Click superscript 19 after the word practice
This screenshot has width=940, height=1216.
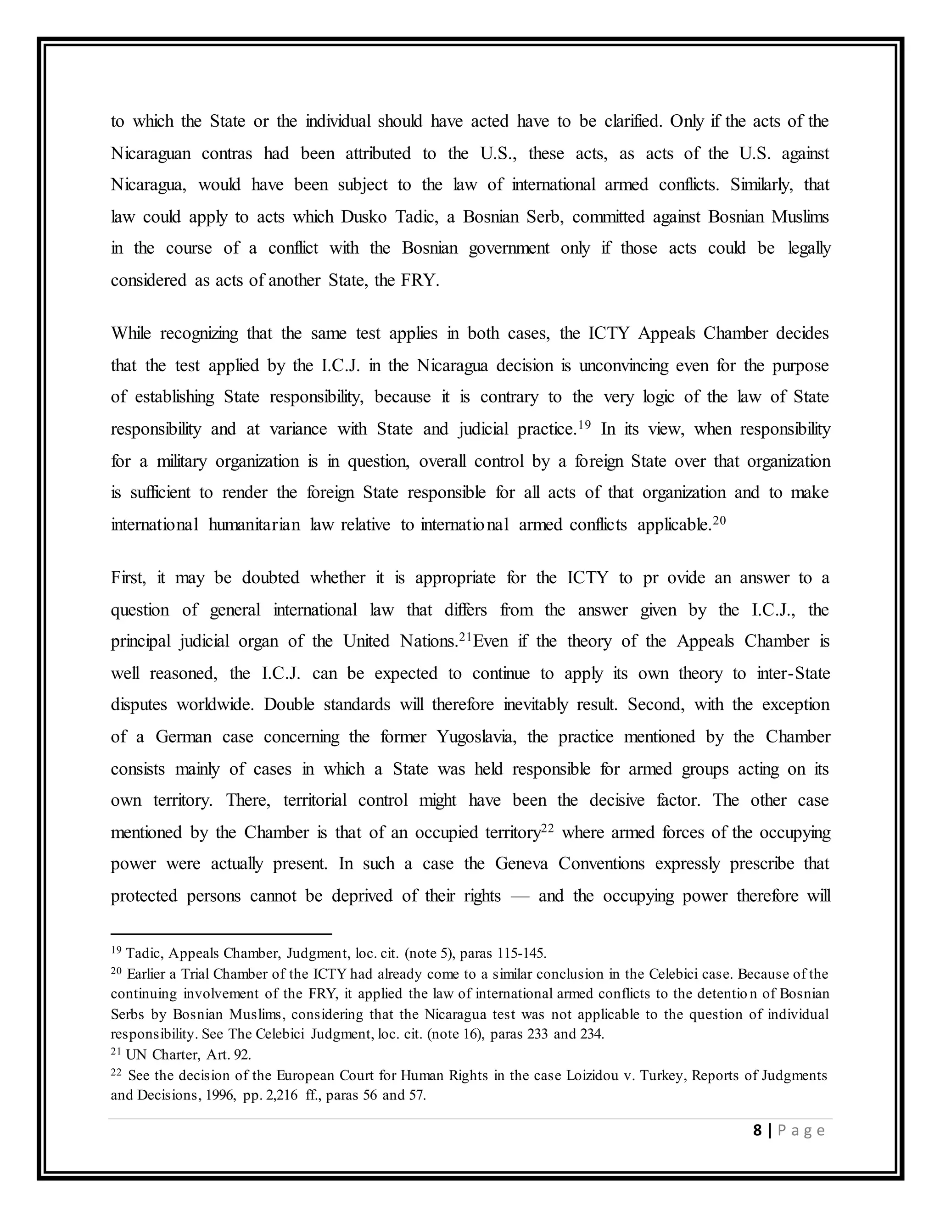[584, 425]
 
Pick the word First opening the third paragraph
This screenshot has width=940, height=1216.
[128, 577]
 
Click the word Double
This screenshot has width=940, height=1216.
[288, 704]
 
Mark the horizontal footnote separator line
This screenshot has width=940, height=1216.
[221, 934]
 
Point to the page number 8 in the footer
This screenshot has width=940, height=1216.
[757, 1130]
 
